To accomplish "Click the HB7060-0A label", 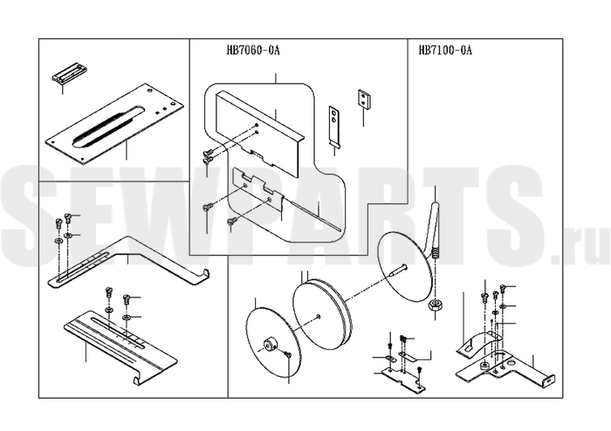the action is click(253, 51).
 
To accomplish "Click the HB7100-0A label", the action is click(445, 51).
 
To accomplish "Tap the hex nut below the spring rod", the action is click(434, 304).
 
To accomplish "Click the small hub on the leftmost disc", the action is click(270, 345).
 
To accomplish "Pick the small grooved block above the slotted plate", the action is click(70, 74).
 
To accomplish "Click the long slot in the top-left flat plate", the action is click(108, 127).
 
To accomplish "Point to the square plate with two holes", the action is click(365, 98).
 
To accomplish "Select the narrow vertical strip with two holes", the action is click(334, 126).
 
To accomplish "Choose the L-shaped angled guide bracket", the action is click(128, 262).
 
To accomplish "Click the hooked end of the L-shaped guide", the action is click(203, 276).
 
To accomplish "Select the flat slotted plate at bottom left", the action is click(120, 345).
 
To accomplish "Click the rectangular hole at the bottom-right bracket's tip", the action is click(549, 380).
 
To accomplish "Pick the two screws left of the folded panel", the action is click(208, 155).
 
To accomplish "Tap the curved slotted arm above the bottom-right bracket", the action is click(480, 342).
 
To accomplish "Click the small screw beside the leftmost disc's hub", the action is click(287, 353).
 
